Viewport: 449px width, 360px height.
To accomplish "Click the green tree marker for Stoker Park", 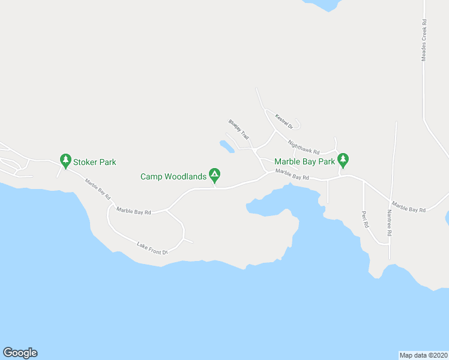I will (x=65, y=160).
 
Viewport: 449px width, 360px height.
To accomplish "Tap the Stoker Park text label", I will (x=94, y=162).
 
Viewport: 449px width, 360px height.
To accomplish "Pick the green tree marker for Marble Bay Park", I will (x=343, y=160).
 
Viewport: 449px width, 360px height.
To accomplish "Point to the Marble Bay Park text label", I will (x=304, y=161).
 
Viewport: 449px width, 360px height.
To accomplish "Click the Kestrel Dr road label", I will (x=283, y=121).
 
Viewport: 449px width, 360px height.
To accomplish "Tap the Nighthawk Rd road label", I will (x=303, y=147).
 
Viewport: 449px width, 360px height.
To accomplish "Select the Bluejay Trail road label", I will (x=238, y=130).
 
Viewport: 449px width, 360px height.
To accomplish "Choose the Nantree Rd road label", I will (x=389, y=223).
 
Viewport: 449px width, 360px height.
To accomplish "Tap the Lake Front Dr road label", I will (x=152, y=248).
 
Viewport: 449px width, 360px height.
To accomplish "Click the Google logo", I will (x=20, y=353).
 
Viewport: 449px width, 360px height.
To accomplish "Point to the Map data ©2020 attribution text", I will (x=424, y=355).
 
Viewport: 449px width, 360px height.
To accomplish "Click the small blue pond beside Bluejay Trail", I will (x=226, y=146).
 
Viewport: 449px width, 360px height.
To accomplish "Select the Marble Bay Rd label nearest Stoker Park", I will (x=97, y=189).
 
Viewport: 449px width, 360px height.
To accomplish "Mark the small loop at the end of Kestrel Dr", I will (x=296, y=124).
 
